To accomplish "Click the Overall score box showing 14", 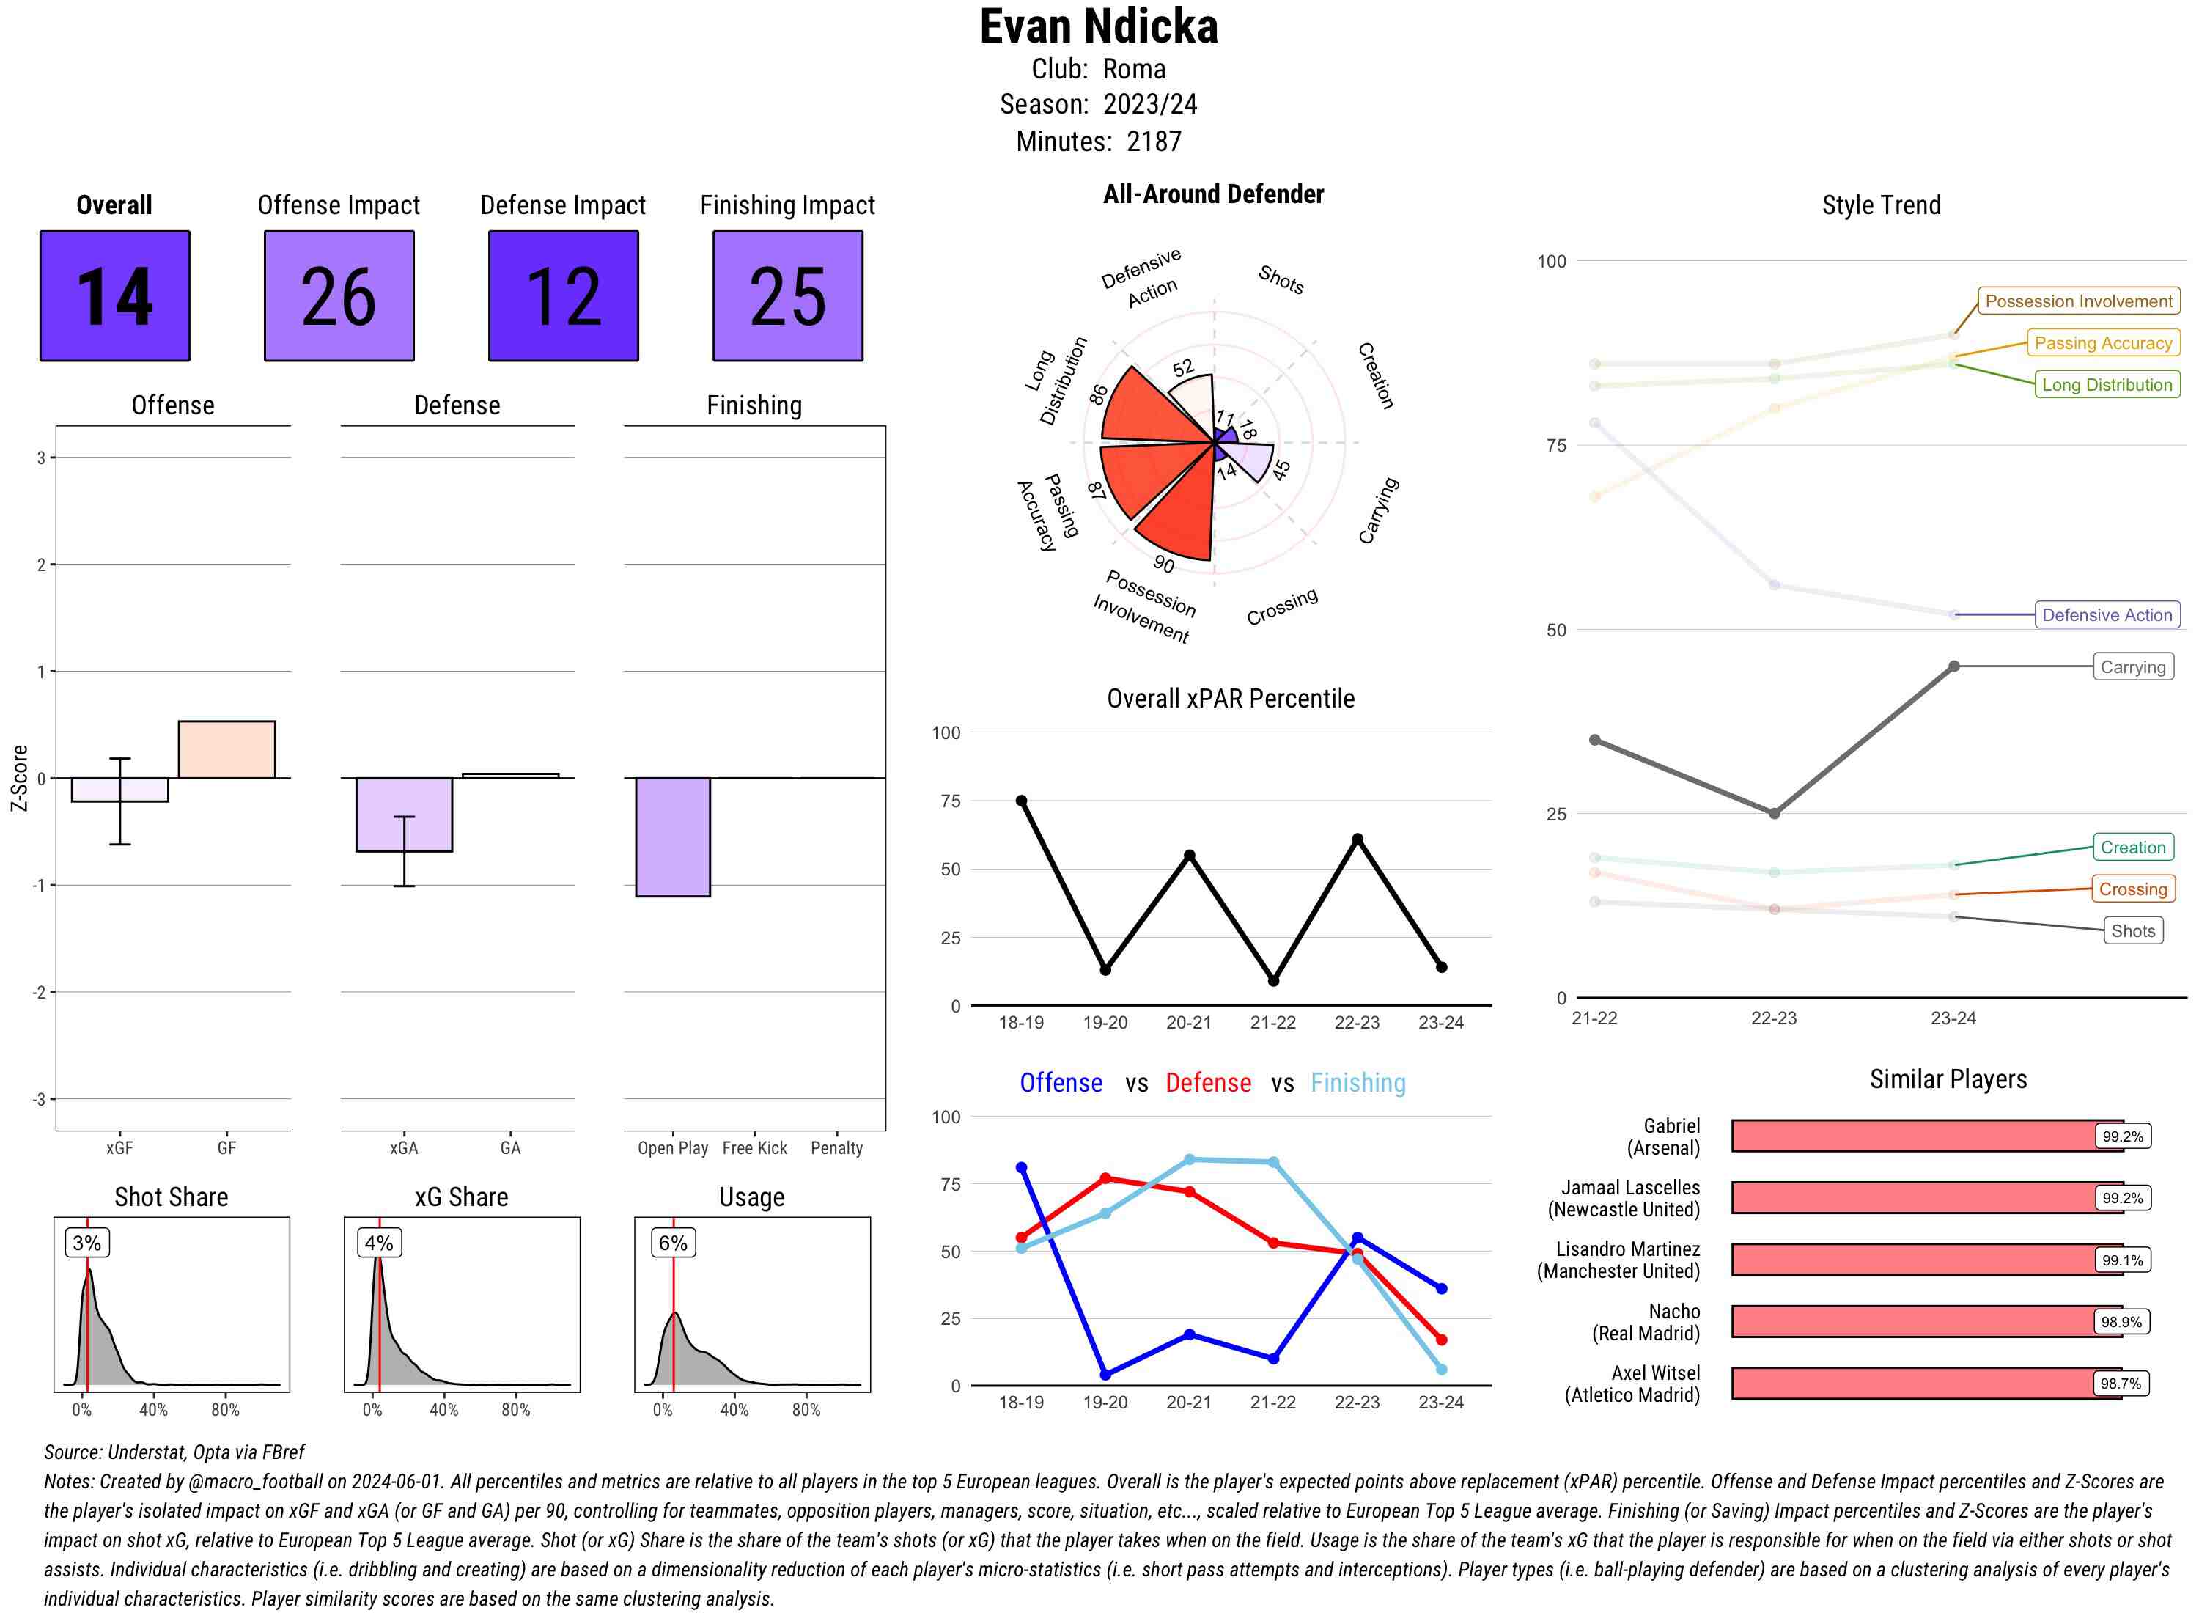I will click(x=114, y=296).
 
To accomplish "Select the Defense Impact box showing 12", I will click(x=563, y=296).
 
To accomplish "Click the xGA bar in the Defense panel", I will click(x=403, y=815).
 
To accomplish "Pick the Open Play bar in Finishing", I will click(x=672, y=837).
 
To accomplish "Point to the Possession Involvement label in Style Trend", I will click(x=2078, y=301).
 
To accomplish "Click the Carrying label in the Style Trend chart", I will click(x=2132, y=667).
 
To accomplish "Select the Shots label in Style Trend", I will click(x=2132, y=930).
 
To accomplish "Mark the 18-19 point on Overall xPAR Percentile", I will click(x=1021, y=801).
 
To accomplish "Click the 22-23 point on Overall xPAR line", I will click(x=1357, y=839).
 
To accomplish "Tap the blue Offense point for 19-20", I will click(x=1105, y=1375).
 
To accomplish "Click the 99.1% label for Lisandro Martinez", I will click(x=2122, y=1260).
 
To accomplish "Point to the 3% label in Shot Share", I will click(x=87, y=1243).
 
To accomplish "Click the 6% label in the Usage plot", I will click(x=672, y=1243).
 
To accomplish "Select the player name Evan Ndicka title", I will click(x=1099, y=27).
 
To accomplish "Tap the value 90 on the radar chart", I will click(x=1163, y=565).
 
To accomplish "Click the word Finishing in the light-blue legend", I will click(x=1358, y=1083).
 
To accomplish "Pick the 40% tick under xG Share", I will click(x=444, y=1410).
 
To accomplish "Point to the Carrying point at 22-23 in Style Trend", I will click(x=1773, y=813).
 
